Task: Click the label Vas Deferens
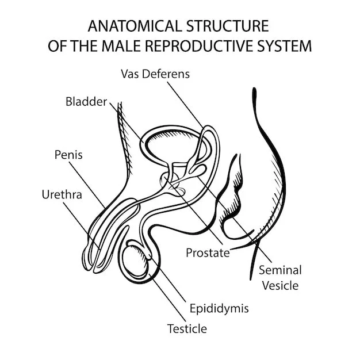point(155,74)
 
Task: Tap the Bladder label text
point(86,102)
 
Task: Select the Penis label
point(68,154)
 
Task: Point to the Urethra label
point(62,194)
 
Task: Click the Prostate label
point(208,252)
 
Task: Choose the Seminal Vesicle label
point(279,277)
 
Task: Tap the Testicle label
point(186,329)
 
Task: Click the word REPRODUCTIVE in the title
point(204,46)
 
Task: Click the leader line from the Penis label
point(86,183)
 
